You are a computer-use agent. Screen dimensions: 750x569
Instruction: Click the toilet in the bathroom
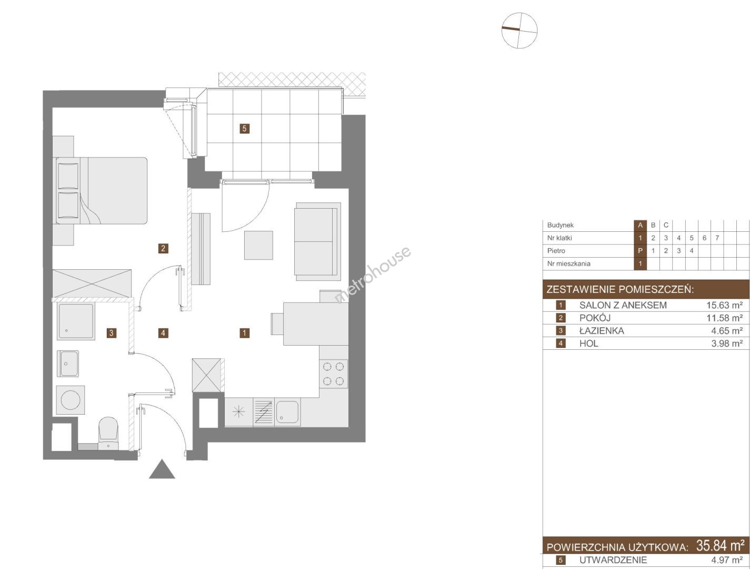(108, 433)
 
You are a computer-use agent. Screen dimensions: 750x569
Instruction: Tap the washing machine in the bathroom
(71, 400)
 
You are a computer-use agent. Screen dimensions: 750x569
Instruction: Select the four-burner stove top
(334, 374)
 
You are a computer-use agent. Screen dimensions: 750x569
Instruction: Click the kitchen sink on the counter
(287, 411)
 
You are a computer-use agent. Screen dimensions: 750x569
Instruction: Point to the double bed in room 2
(100, 191)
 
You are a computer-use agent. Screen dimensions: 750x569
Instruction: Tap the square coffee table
(258, 245)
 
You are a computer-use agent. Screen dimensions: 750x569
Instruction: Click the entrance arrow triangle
(162, 469)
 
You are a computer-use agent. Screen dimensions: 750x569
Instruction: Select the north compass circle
(519, 30)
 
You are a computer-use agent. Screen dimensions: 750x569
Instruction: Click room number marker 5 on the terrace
(244, 129)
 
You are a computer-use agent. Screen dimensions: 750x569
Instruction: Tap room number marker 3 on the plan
(112, 333)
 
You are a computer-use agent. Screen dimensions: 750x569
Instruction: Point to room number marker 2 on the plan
(163, 248)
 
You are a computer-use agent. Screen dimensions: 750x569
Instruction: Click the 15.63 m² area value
(724, 305)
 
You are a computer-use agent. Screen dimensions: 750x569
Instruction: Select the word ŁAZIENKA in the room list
(602, 331)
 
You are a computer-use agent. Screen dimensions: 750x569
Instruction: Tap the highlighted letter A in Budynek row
(641, 225)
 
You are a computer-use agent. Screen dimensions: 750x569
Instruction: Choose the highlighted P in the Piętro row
(641, 251)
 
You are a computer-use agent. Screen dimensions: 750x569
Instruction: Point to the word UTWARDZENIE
(613, 560)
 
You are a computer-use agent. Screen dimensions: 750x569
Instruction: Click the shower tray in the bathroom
(76, 321)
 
